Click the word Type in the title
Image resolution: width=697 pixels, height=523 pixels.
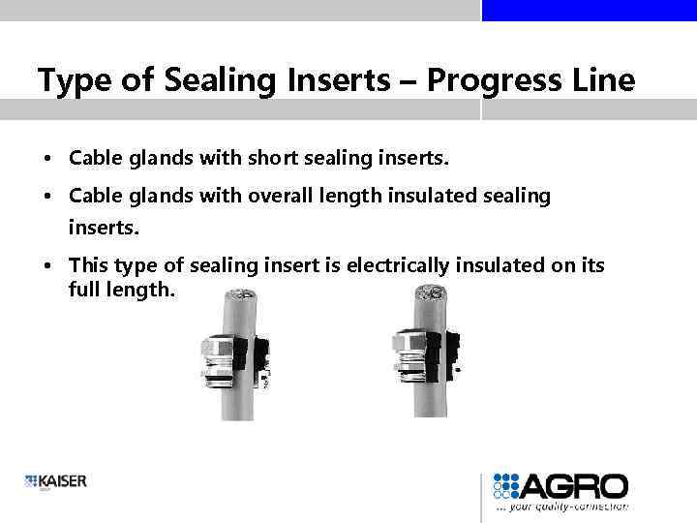click(x=71, y=79)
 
